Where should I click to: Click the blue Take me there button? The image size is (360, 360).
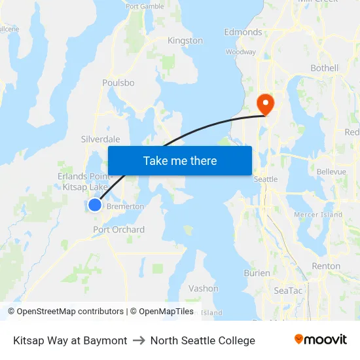(x=180, y=160)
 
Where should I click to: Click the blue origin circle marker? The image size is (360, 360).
(x=95, y=205)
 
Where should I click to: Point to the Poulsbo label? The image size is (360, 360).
(x=118, y=83)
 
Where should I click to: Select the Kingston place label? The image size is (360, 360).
(x=185, y=41)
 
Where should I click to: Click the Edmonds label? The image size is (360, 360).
(x=243, y=32)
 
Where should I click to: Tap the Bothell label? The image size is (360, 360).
(x=325, y=68)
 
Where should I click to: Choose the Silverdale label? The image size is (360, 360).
(x=100, y=139)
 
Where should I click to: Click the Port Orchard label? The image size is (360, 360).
(x=118, y=230)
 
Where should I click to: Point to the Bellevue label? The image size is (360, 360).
(x=331, y=171)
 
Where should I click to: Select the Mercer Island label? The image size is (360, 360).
(x=318, y=215)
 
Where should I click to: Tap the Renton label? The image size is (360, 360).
(x=326, y=266)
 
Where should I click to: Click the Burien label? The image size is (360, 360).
(x=257, y=273)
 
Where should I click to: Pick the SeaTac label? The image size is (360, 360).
(x=288, y=291)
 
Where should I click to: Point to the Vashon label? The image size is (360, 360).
(x=204, y=289)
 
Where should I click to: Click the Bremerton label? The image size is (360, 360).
(x=125, y=207)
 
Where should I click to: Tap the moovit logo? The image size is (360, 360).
(x=321, y=340)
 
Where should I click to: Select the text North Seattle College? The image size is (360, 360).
(x=203, y=340)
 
